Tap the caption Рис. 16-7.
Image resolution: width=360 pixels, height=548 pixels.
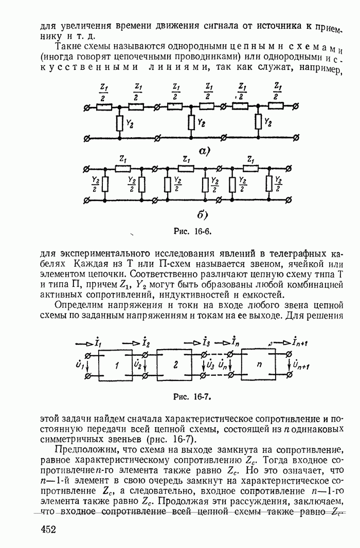click(x=192, y=396)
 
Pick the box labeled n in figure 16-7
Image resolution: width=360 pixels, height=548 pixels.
click(x=261, y=366)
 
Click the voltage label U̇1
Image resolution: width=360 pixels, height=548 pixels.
click(x=80, y=366)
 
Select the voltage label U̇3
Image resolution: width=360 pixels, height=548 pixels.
click(x=209, y=366)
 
